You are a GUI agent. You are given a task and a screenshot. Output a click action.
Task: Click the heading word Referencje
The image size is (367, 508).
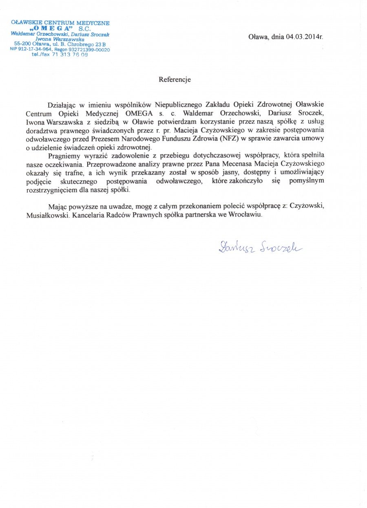click(175, 80)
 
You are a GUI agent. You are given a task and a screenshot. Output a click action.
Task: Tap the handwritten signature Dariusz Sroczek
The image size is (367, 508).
click(260, 246)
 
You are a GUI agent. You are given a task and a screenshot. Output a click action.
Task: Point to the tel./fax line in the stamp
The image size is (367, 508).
click(60, 55)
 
